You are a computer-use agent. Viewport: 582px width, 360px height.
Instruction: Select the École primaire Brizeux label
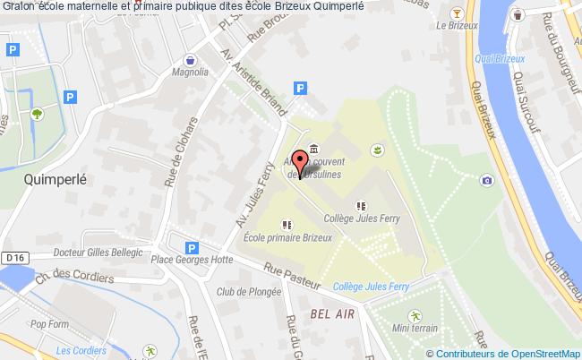pos(287,237)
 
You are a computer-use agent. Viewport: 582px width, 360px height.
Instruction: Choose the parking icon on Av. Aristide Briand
pos(301,89)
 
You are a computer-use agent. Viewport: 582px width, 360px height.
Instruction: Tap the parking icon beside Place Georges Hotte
pos(190,249)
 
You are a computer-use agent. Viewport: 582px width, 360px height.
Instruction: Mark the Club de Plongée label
pos(244,292)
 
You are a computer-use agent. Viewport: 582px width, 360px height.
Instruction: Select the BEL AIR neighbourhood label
pos(330,313)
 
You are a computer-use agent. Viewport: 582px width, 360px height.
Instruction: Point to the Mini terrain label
pos(415,329)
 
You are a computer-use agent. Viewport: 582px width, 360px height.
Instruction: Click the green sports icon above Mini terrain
pos(415,314)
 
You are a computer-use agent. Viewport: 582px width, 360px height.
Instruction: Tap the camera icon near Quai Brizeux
pos(486,180)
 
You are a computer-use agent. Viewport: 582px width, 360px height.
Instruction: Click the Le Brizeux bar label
pos(456,26)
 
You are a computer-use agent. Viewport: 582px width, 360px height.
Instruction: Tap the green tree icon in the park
pos(37,114)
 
